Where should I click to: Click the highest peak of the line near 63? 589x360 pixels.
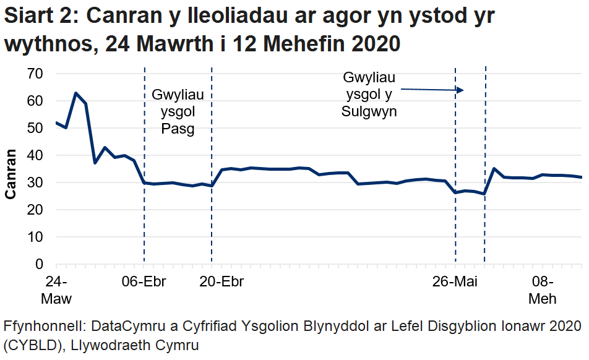(75, 93)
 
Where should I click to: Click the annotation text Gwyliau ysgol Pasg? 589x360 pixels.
(178, 112)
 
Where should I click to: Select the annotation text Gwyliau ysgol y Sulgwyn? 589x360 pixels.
(369, 95)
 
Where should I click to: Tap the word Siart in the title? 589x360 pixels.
(29, 17)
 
